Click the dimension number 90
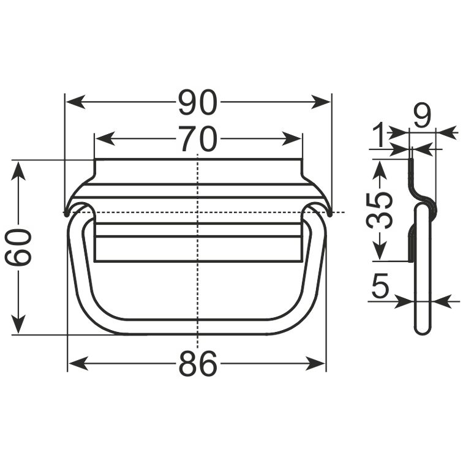pyautogui.click(x=198, y=102)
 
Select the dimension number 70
pyautogui.click(x=198, y=138)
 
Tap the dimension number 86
pyautogui.click(x=198, y=364)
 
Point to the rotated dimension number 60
pyautogui.click(x=18, y=248)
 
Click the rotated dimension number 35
pyautogui.click(x=380, y=211)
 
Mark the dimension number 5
pyautogui.click(x=380, y=285)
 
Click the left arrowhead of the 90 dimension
pyautogui.click(x=75, y=102)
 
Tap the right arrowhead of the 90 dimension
pyautogui.click(x=320, y=102)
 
